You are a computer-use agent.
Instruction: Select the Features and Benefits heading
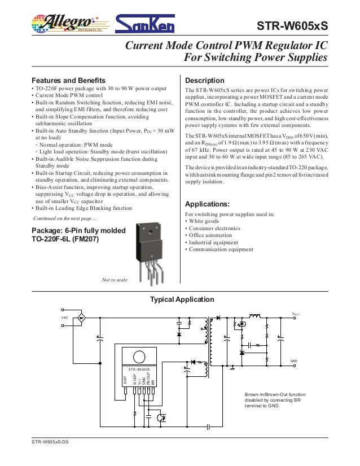click(x=68, y=80)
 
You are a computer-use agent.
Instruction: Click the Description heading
click(x=205, y=80)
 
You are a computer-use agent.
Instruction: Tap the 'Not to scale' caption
click(x=115, y=280)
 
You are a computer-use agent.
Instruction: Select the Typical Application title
click(x=181, y=299)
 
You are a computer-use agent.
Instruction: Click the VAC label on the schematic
click(x=65, y=318)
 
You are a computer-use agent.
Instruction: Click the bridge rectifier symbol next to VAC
click(x=81, y=318)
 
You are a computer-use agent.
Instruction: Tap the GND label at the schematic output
click(x=293, y=360)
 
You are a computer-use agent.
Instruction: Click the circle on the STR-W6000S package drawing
click(x=137, y=357)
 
